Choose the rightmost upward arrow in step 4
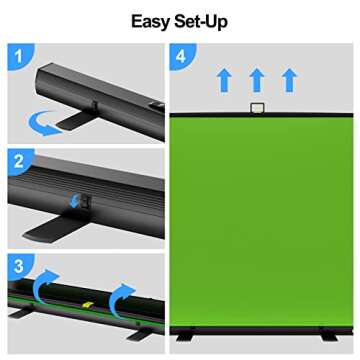tap(289, 80)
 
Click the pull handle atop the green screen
tap(258, 107)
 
